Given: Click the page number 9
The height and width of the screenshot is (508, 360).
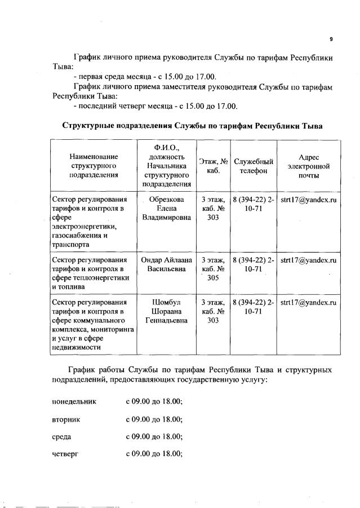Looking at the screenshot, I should [331, 39].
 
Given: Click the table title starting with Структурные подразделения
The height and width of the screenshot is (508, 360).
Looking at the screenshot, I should [192, 125].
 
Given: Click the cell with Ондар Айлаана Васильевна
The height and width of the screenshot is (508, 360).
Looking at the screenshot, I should [166, 265].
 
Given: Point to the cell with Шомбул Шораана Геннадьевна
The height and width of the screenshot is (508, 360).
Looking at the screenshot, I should [166, 312].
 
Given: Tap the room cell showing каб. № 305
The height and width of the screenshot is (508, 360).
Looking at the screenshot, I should [213, 269].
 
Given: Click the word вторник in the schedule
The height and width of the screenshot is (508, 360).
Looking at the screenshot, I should [66, 419].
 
